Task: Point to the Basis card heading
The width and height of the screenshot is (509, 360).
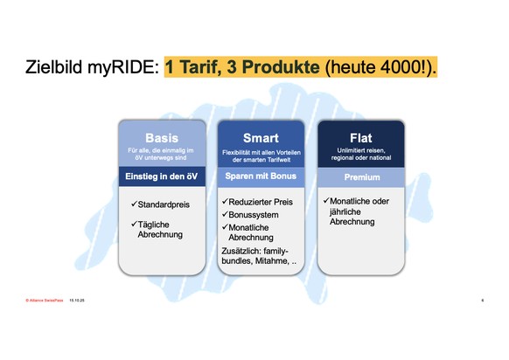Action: (x=162, y=137)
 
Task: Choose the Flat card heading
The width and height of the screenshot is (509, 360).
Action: (x=360, y=137)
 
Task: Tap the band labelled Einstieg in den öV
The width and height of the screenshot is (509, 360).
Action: (x=162, y=177)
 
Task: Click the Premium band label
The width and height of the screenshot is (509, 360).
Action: (x=360, y=177)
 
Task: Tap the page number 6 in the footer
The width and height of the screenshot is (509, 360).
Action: (x=482, y=299)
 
